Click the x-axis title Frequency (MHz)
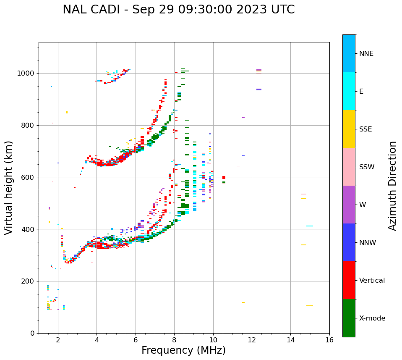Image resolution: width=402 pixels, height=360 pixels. [183, 350]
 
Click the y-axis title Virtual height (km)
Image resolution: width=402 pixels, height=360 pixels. [9, 187]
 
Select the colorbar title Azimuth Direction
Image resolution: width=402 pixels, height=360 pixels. [392, 186]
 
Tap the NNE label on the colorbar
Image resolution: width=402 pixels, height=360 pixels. [366, 54]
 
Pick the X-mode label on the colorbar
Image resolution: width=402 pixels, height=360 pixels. [372, 318]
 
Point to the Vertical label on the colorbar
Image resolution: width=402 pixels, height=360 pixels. [372, 281]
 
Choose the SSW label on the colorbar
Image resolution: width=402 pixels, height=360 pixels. [367, 167]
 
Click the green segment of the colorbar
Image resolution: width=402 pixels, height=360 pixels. [349, 318]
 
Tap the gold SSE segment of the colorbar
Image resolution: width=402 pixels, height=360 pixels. [349, 129]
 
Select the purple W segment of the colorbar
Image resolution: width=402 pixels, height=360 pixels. [349, 205]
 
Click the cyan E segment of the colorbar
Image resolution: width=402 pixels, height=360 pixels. [349, 91]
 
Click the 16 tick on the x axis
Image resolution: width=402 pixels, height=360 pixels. [329, 339]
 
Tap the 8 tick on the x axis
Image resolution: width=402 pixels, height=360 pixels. [175, 339]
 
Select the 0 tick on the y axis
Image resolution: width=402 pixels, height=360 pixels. [33, 333]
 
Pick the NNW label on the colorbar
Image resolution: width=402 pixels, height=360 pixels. [368, 243]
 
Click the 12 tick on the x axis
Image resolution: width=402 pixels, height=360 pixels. [252, 339]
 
